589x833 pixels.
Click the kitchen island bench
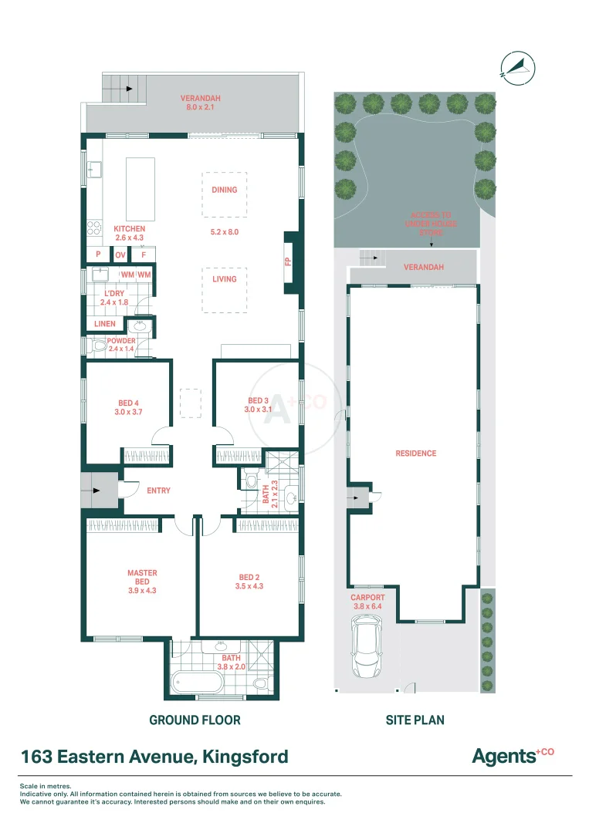click(140, 188)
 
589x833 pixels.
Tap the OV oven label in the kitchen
click(120, 255)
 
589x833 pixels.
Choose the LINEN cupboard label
click(105, 324)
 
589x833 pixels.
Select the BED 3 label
click(259, 400)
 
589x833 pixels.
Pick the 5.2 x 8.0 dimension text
click(225, 231)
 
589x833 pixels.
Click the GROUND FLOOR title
click(195, 720)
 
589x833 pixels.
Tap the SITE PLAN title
click(415, 720)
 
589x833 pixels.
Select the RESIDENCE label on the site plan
click(415, 454)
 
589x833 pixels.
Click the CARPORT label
click(367, 598)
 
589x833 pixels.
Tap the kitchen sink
click(95, 168)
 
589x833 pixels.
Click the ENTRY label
click(158, 491)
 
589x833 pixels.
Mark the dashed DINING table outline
click(225, 194)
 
